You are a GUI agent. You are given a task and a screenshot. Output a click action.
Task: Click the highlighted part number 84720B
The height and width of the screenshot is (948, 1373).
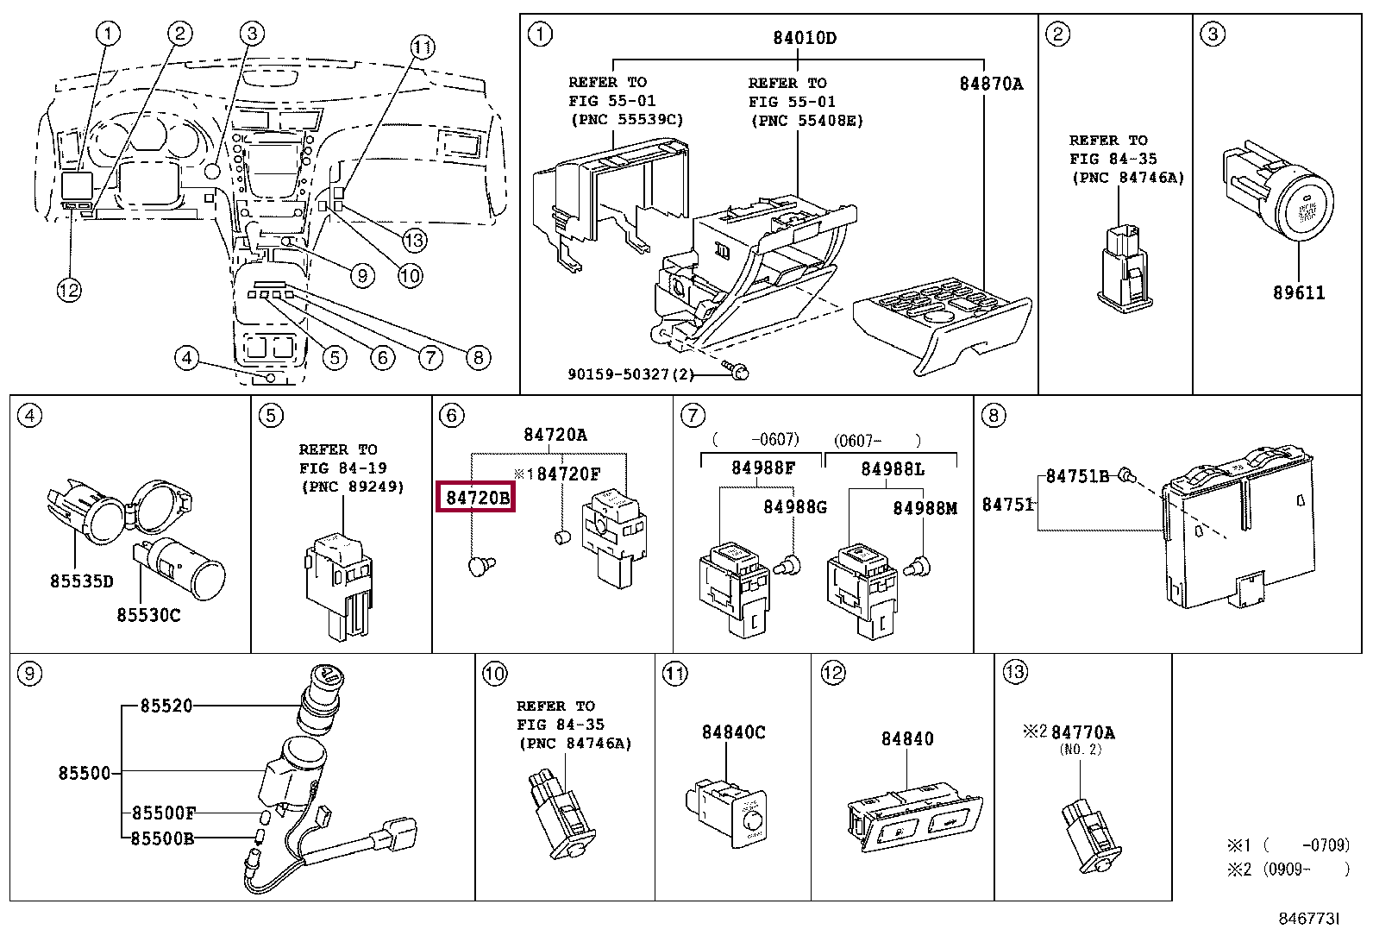point(477,498)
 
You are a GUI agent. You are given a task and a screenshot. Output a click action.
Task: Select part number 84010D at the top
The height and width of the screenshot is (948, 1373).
point(804,38)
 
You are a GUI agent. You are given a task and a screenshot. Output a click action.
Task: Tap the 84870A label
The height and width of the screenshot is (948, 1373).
point(991,84)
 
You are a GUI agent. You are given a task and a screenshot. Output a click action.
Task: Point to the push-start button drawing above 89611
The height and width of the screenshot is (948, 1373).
point(1278,192)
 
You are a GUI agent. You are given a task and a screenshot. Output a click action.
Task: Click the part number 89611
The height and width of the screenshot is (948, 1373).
point(1299,292)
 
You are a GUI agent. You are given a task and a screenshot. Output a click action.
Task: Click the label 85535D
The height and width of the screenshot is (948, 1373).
point(82,581)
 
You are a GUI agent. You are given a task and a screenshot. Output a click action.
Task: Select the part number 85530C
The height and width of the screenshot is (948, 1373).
point(148,614)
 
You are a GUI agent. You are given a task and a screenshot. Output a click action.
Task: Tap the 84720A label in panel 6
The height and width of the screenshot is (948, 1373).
point(555,435)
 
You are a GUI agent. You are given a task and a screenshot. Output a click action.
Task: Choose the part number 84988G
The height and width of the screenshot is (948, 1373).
point(795,507)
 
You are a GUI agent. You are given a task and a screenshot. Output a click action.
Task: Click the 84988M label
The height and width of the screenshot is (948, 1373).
point(925,508)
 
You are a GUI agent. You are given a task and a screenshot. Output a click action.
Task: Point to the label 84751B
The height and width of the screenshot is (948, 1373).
point(1077,476)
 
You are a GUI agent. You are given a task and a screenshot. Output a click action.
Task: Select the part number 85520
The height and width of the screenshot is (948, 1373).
point(166,706)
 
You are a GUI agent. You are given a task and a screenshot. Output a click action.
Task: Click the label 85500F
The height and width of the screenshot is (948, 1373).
point(164,813)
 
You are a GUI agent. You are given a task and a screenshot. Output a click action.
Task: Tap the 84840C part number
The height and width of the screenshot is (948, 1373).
point(733,732)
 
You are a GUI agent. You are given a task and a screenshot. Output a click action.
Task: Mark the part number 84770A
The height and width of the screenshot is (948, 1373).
point(1083,732)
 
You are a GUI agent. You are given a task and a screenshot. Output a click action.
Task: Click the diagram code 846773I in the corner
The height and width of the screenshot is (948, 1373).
point(1308,919)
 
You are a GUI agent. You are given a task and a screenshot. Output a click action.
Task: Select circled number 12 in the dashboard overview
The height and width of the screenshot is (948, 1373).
point(69,290)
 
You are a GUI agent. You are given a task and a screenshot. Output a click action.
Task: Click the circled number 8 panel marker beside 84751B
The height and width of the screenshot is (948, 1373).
point(994,416)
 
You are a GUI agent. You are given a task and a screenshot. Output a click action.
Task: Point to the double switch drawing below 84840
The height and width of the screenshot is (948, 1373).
point(914,818)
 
